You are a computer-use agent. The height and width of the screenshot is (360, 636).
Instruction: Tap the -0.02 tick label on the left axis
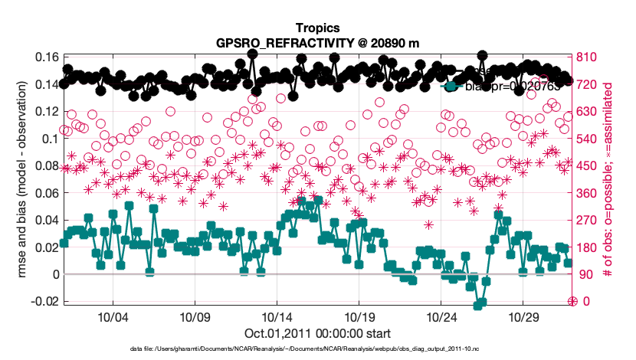coord(41,302)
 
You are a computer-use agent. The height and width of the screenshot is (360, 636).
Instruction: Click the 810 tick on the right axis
coord(587,57)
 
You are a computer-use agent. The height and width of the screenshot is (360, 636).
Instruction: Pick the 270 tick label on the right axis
coord(587,221)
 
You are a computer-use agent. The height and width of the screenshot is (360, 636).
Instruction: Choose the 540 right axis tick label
coord(587,139)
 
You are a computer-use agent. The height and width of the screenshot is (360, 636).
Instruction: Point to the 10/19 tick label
coord(359,316)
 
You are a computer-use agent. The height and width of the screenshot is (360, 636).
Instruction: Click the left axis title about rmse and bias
coord(22,179)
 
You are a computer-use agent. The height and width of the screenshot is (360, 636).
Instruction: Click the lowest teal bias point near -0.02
coord(479,305)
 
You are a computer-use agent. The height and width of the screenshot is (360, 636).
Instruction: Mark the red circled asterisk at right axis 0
coord(572,301)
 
